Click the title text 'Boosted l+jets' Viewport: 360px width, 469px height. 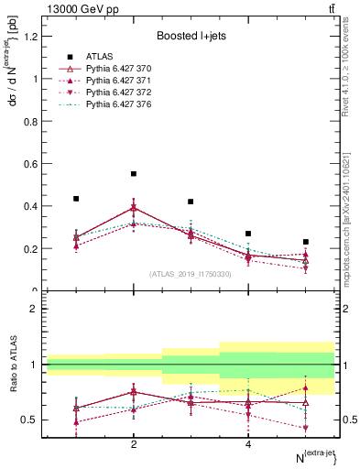tap(190, 36)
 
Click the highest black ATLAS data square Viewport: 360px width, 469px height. tap(134, 173)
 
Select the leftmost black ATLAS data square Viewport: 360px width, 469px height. tap(76, 198)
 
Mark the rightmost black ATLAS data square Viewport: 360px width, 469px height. tap(306, 242)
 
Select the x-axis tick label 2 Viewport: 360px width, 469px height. tap(134, 444)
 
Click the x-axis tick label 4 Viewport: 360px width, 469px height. tap(248, 444)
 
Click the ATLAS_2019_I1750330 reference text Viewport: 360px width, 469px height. tap(190, 274)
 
